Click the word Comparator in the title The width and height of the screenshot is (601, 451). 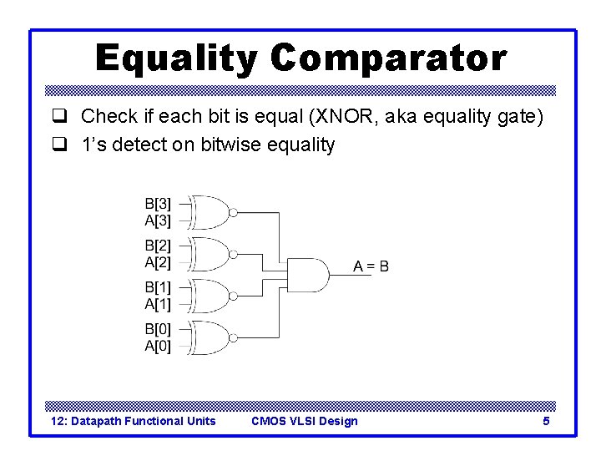(388, 59)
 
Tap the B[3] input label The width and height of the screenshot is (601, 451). (158, 203)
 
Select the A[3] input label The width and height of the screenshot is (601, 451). (158, 220)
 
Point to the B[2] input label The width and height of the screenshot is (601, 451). (158, 246)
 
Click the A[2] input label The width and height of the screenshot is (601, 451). (158, 262)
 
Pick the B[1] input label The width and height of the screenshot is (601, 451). (158, 287)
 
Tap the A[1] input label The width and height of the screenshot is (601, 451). (158, 304)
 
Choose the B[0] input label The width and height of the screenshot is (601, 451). (158, 329)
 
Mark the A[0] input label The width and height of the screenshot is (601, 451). (158, 346)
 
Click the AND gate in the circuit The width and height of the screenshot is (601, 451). (307, 275)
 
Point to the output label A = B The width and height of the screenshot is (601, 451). (371, 267)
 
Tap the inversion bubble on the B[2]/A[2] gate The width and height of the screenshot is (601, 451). (234, 254)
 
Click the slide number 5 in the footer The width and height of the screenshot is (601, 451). (546, 421)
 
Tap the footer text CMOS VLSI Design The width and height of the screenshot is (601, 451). (304, 421)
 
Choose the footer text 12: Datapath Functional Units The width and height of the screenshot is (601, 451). (134, 421)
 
